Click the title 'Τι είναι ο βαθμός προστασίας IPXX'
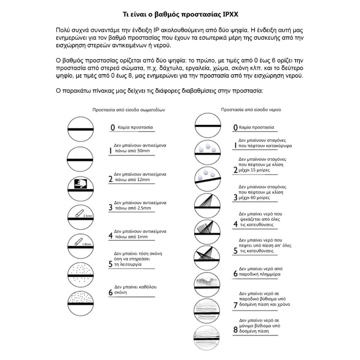(x=180, y=15)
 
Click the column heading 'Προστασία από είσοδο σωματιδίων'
(x=129, y=110)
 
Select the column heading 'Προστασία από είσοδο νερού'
(x=252, y=109)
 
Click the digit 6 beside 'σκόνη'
(x=111, y=293)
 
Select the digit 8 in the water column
(x=235, y=330)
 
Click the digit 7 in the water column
(x=235, y=305)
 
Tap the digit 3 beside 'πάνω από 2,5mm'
(x=111, y=208)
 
